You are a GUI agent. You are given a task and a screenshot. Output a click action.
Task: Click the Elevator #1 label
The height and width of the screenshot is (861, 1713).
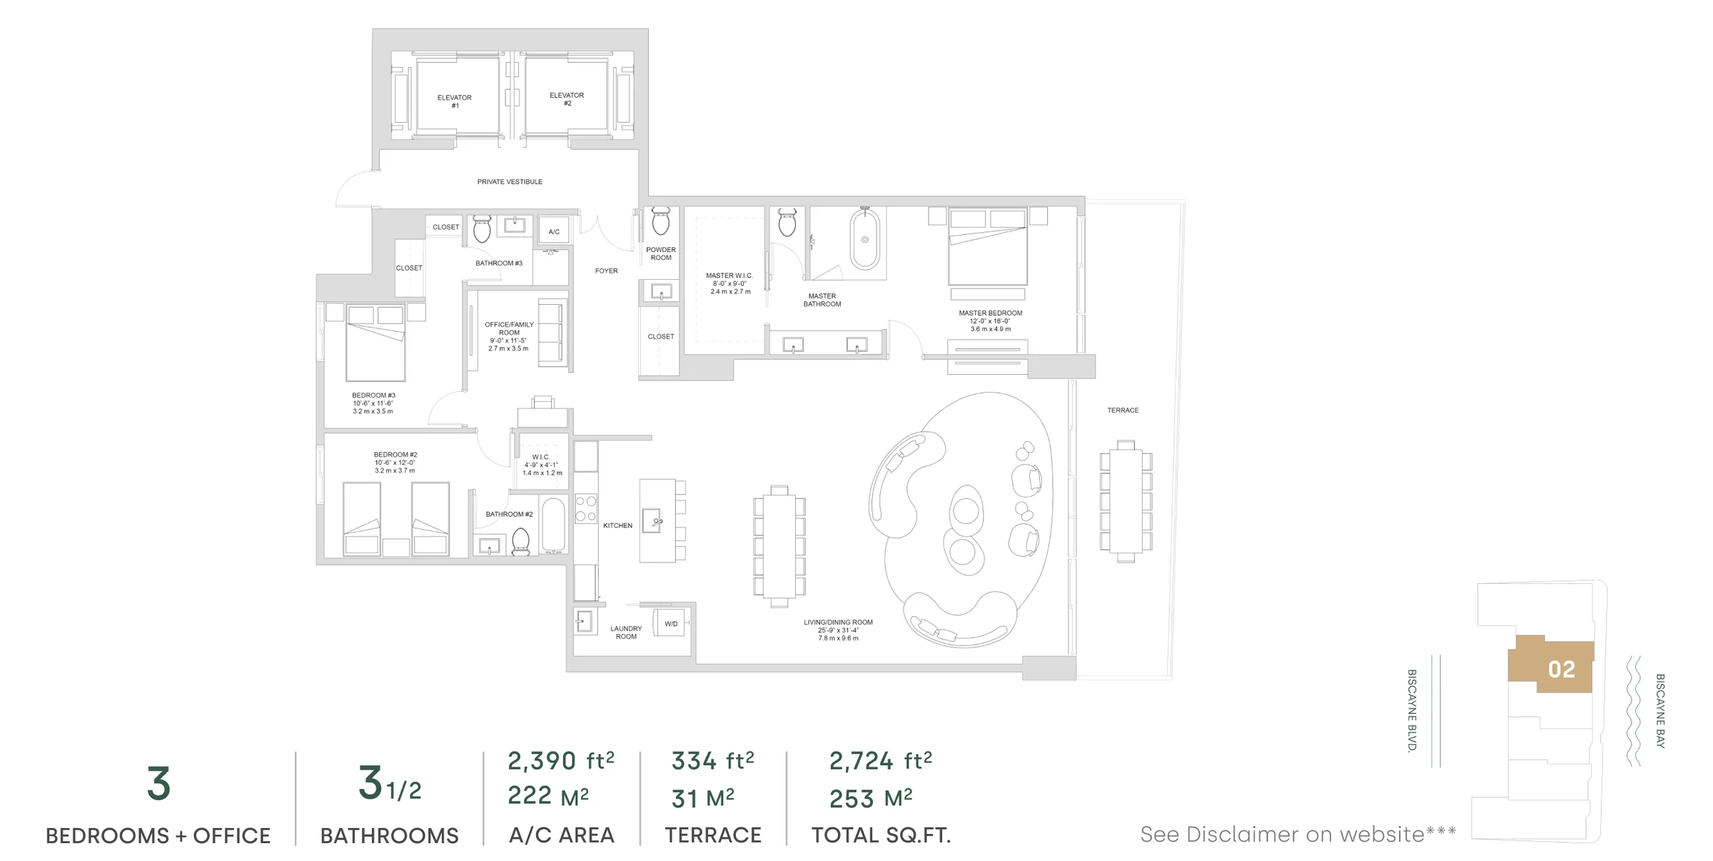pos(455,101)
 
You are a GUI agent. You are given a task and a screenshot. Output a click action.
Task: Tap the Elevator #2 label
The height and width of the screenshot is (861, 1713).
pos(567,99)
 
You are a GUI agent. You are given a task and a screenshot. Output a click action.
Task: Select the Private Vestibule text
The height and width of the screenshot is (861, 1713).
pos(510,182)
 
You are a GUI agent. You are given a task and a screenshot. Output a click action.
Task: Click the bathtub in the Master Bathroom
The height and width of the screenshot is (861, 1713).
pos(864,239)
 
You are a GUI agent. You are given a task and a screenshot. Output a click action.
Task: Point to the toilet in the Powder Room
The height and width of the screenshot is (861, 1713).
pos(661,221)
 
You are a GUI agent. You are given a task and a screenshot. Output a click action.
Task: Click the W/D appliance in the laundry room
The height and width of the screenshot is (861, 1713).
pos(672,623)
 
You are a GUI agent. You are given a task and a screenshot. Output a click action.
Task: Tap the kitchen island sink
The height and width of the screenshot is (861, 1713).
pos(652,520)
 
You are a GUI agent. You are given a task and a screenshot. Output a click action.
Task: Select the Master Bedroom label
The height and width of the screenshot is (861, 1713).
pos(991,321)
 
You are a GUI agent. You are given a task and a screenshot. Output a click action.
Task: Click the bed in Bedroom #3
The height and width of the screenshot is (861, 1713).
pos(375,342)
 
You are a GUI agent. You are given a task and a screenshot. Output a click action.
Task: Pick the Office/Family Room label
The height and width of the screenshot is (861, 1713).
pos(509,336)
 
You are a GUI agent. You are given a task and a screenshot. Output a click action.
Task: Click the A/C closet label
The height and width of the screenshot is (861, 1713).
pos(554,232)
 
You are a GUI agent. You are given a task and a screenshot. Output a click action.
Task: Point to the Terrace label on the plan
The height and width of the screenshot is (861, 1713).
pos(1123,411)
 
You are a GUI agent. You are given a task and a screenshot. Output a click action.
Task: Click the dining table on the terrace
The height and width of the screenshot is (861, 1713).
pos(1126,502)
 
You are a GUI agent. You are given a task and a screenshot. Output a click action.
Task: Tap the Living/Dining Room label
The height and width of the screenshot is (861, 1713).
pos(838,630)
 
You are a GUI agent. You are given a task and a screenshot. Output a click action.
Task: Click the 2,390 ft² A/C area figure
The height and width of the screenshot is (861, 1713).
pos(561,761)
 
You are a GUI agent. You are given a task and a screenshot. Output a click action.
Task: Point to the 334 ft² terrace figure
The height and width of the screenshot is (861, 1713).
pos(712,761)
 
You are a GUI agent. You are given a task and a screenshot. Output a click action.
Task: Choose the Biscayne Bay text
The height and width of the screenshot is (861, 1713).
pos(1660,710)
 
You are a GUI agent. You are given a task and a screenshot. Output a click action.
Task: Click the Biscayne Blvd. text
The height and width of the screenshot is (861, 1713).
pos(1411,710)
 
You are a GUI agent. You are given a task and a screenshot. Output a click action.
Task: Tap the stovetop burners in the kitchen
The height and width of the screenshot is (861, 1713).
pos(586,509)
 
